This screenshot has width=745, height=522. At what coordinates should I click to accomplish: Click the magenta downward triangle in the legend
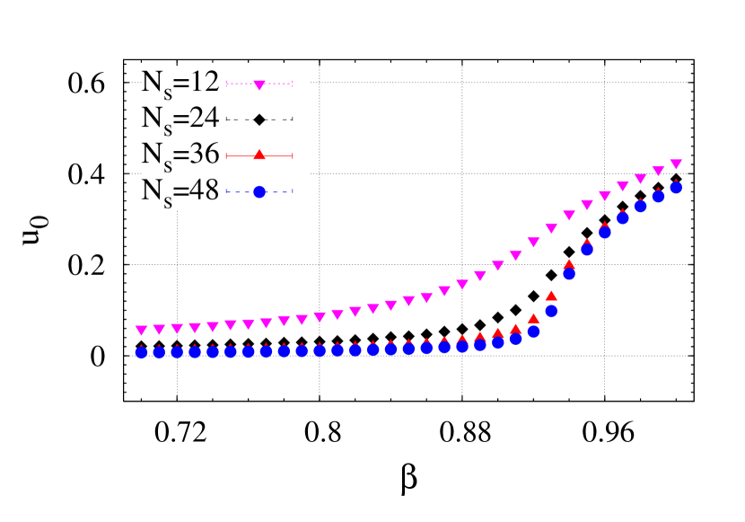click(259, 84)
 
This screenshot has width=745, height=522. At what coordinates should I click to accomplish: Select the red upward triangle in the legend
click(259, 155)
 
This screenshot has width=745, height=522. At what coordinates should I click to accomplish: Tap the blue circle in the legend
click(259, 191)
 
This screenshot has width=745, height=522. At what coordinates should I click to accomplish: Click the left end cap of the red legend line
click(226, 156)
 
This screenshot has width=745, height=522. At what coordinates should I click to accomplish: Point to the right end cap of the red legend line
click(293, 156)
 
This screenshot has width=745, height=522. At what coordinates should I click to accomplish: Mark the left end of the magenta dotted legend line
click(226, 84)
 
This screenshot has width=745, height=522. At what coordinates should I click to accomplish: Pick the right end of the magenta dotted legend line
click(293, 84)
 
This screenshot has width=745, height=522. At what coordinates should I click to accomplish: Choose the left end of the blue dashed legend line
click(226, 191)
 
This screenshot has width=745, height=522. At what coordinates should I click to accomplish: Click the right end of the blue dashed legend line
click(293, 191)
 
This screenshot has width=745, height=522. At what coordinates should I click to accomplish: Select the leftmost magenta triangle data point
click(141, 330)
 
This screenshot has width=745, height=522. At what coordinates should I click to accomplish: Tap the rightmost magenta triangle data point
click(676, 164)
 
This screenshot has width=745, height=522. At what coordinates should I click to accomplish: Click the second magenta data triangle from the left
click(159, 329)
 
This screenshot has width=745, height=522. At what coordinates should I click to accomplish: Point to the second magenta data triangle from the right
click(658, 170)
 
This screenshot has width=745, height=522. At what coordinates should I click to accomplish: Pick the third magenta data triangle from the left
click(177, 328)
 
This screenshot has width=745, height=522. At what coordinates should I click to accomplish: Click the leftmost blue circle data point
click(141, 352)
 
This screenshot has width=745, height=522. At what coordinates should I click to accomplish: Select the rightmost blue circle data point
click(676, 187)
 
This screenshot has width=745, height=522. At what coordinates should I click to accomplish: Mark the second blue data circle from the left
click(159, 352)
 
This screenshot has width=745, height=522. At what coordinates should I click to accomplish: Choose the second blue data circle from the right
click(658, 196)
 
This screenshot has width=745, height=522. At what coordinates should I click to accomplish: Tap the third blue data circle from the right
click(640, 206)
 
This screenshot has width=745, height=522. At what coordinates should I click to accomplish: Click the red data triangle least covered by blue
click(551, 295)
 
